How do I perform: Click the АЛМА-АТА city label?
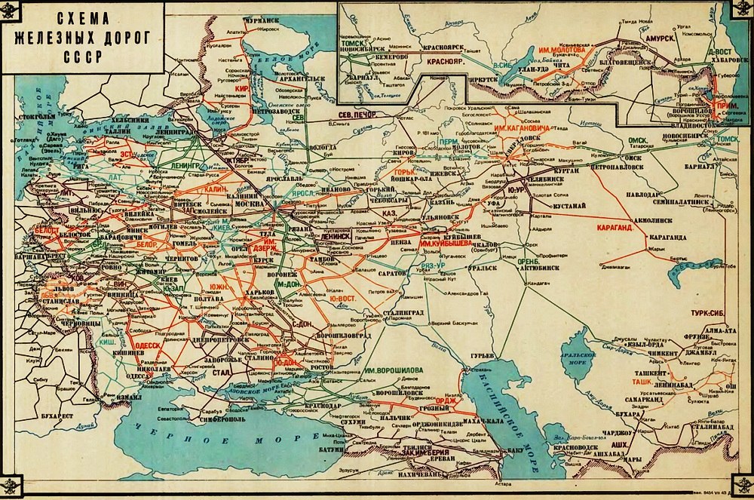[721, 330]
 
